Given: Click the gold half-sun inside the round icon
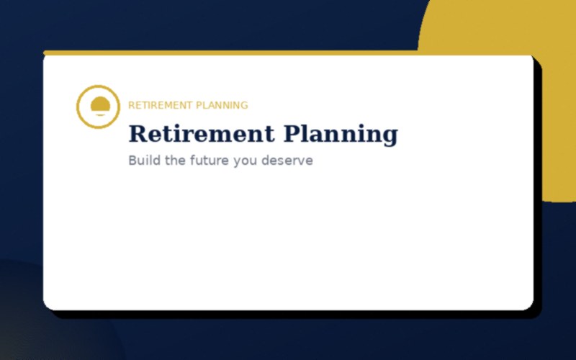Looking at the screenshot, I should pos(98,104).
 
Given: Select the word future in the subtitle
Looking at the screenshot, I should pos(209,160).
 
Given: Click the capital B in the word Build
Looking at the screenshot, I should pos(132,160).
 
